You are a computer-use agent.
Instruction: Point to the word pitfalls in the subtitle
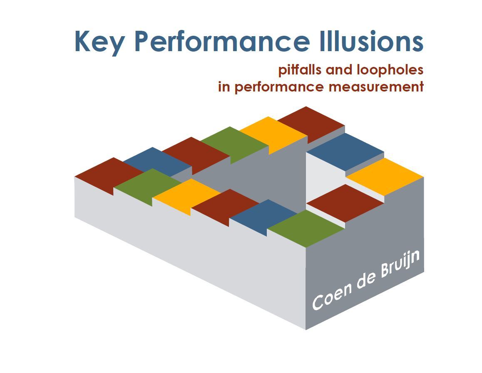300,70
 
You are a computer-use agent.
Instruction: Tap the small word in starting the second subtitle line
224,87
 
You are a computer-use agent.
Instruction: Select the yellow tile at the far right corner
385,175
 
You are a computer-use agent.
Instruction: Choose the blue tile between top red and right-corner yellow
345,151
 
